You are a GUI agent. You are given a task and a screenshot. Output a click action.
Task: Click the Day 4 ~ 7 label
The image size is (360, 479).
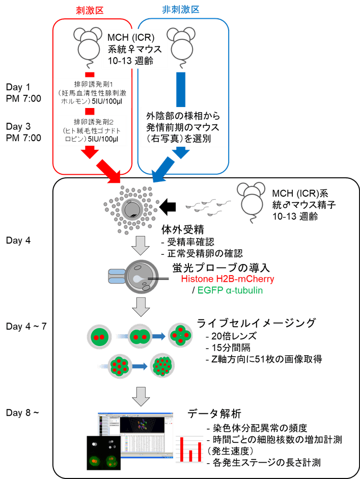(25, 326)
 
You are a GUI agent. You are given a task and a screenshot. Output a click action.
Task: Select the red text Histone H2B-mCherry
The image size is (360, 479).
(228, 279)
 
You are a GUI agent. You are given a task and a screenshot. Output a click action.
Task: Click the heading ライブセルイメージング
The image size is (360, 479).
(257, 323)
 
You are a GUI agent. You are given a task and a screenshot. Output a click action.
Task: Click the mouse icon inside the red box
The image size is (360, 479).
(87, 43)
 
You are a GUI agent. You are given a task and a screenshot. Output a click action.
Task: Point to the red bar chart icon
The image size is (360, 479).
(189, 448)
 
